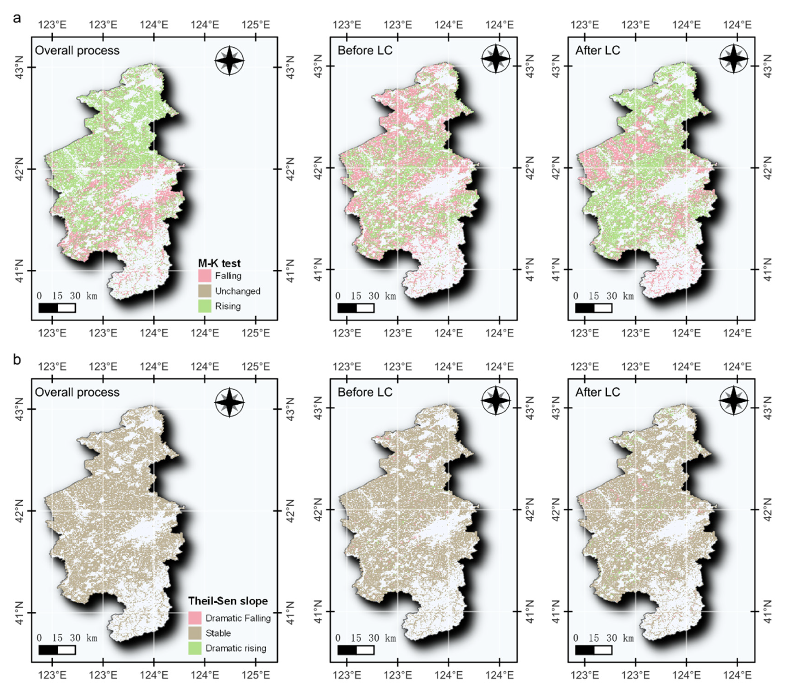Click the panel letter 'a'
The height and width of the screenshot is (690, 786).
pyautogui.click(x=17, y=18)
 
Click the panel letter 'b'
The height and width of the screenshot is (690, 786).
pyautogui.click(x=17, y=359)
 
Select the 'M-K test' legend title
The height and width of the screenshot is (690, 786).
pyautogui.click(x=219, y=263)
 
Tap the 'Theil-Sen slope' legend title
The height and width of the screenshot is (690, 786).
pyautogui.click(x=228, y=601)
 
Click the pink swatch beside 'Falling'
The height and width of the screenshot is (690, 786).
pyautogui.click(x=204, y=276)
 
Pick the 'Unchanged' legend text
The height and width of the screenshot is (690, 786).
pyautogui.click(x=237, y=291)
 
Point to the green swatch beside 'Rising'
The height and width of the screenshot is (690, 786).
pyautogui.click(x=204, y=306)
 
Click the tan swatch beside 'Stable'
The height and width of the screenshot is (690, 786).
pyautogui.click(x=195, y=633)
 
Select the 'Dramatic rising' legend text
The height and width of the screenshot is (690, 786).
pyautogui.click(x=236, y=648)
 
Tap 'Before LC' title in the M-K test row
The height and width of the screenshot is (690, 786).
pyautogui.click(x=365, y=50)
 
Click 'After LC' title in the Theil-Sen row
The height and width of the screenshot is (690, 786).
pyautogui.click(x=598, y=392)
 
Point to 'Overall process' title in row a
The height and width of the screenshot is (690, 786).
pyautogui.click(x=77, y=50)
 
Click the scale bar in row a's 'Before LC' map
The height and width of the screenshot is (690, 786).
pyautogui.click(x=356, y=308)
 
